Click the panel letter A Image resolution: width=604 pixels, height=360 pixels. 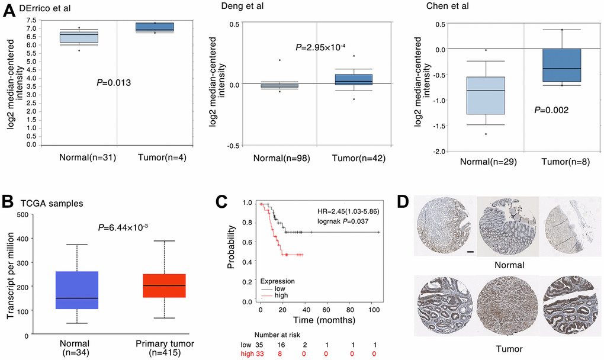(9, 11)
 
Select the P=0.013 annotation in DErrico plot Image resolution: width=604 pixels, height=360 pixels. (113, 83)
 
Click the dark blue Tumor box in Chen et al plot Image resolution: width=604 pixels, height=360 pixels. (563, 65)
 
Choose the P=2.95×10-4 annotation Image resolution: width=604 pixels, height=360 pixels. (320, 47)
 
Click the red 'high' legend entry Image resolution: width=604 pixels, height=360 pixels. (282, 295)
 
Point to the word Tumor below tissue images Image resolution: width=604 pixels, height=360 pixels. (510, 351)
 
